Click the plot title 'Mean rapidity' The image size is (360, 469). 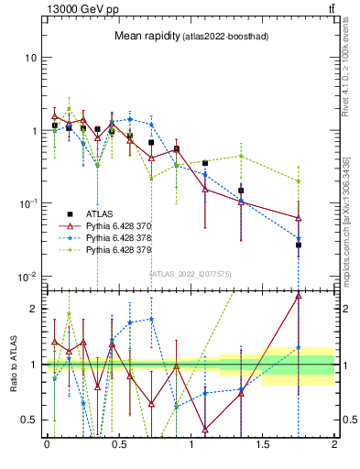145,36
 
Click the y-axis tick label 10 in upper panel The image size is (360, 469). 30,58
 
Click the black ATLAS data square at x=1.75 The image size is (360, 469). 299,245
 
